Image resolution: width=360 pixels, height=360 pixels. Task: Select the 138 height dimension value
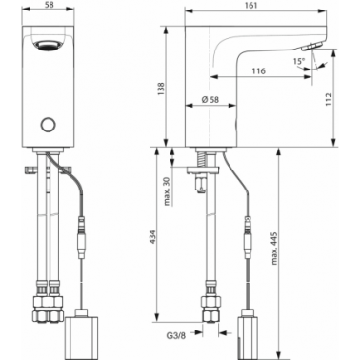tap(161, 90)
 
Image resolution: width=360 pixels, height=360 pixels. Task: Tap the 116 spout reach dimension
tap(259, 70)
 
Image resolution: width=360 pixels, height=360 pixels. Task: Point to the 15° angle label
tap(299, 61)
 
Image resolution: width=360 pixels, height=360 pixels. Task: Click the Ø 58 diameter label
tap(210, 99)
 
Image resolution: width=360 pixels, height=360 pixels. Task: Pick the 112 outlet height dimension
tap(329, 99)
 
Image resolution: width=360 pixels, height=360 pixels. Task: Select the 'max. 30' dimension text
tap(168, 191)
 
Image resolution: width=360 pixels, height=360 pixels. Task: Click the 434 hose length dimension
tap(153, 237)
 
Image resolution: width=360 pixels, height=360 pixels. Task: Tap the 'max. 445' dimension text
tap(274, 249)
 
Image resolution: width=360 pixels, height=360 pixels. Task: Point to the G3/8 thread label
tap(175, 335)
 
